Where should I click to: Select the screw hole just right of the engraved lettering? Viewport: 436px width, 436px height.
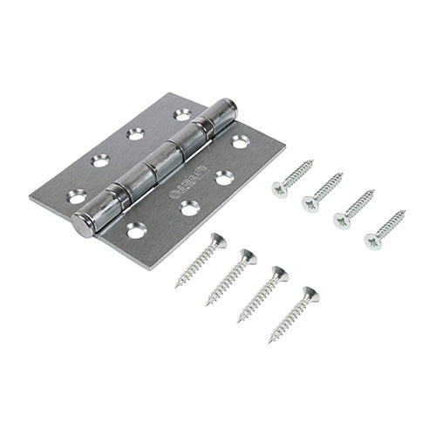point(224,177)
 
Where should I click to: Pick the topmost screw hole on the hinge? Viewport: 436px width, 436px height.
point(182,113)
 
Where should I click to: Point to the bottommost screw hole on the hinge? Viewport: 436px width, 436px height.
point(136,231)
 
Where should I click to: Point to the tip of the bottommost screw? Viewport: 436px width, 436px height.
point(270,341)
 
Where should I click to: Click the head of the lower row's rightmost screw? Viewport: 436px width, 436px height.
point(310,295)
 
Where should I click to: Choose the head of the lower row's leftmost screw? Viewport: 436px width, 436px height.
point(218,240)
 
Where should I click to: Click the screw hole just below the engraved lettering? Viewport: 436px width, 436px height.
point(188,207)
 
